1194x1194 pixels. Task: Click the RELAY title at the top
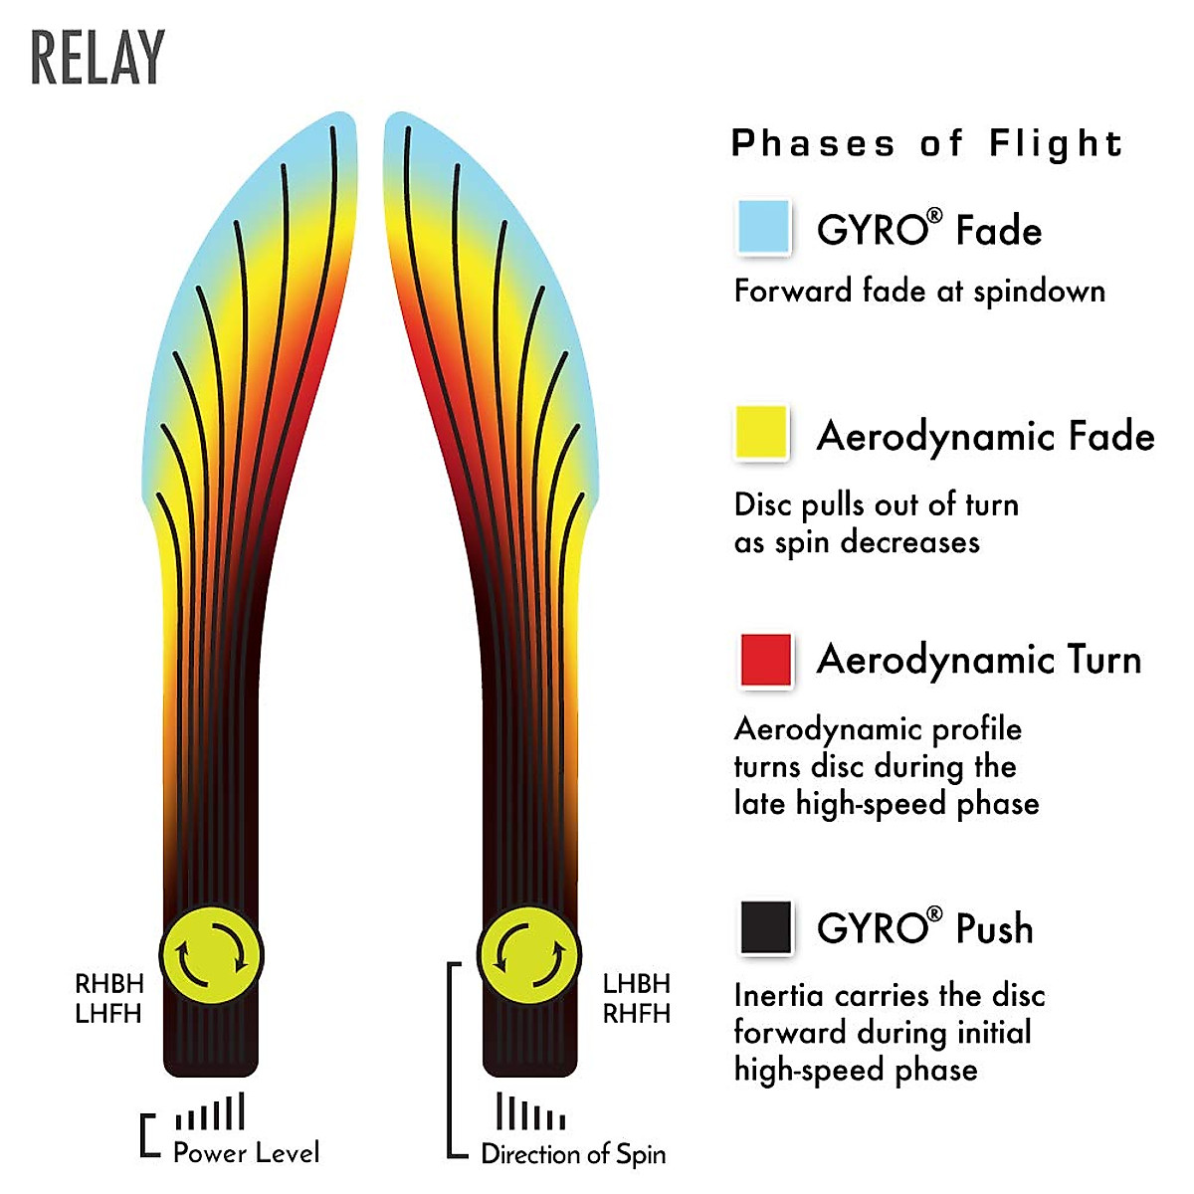pyautogui.click(x=98, y=59)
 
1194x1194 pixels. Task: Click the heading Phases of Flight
pyautogui.click(x=927, y=144)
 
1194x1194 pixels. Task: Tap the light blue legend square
pyautogui.click(x=764, y=226)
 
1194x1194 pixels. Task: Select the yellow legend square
pyautogui.click(x=762, y=433)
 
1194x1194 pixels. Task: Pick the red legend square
pyautogui.click(x=766, y=659)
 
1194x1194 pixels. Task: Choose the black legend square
pyautogui.click(x=766, y=927)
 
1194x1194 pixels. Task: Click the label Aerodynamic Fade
pyautogui.click(x=985, y=437)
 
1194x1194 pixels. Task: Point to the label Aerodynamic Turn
pyautogui.click(x=979, y=661)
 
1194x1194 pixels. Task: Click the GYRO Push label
pyautogui.click(x=924, y=928)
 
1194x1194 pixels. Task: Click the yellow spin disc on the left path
pyautogui.click(x=211, y=956)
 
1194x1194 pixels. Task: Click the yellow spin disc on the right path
pyautogui.click(x=529, y=956)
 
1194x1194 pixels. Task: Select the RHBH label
pyautogui.click(x=109, y=984)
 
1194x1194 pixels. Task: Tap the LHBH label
pyautogui.click(x=637, y=984)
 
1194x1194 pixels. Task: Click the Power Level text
pyautogui.click(x=247, y=1153)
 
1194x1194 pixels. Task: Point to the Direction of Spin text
pyautogui.click(x=573, y=1154)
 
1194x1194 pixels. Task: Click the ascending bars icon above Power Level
pyautogui.click(x=210, y=1112)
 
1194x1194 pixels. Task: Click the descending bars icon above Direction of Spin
pyautogui.click(x=530, y=1112)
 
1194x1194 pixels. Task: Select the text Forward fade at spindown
pyautogui.click(x=919, y=292)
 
